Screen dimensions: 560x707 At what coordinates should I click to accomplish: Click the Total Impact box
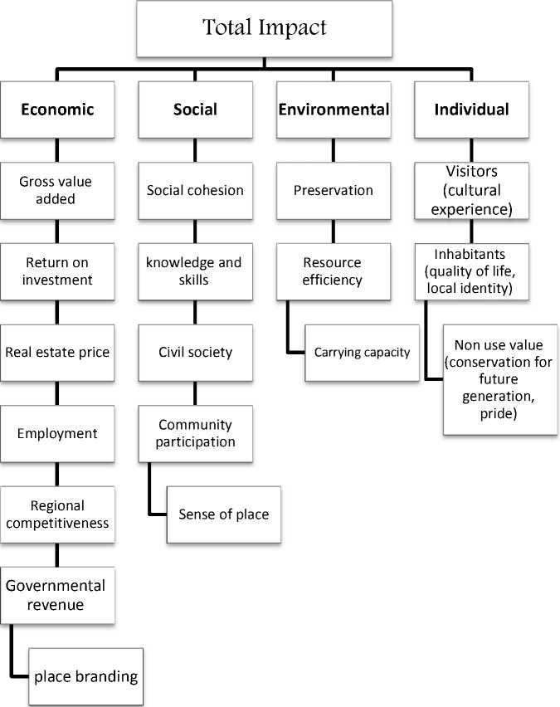tap(265, 28)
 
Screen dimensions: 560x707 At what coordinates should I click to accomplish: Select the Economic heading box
tap(56, 110)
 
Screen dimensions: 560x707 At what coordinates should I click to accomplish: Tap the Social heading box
tap(195, 110)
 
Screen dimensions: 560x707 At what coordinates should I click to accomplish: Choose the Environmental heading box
tap(334, 110)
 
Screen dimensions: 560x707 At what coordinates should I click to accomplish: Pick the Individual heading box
tap(472, 110)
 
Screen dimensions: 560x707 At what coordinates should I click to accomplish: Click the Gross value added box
tap(56, 190)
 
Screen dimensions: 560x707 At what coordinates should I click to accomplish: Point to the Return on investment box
tap(56, 271)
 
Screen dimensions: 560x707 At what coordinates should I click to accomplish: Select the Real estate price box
tap(56, 352)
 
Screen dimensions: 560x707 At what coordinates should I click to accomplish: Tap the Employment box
tap(56, 433)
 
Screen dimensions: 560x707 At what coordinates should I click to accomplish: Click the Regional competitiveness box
tap(56, 514)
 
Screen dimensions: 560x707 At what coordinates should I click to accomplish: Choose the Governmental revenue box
tap(56, 595)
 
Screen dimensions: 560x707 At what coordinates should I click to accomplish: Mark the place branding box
tap(85, 676)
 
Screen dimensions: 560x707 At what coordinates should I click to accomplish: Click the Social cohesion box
tap(195, 190)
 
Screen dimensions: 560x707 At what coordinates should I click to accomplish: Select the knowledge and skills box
tap(195, 271)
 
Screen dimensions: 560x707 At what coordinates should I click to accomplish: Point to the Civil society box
tap(195, 352)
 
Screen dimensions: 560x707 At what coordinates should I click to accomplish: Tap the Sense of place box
tap(223, 514)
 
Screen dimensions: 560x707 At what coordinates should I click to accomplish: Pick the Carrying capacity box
tap(362, 353)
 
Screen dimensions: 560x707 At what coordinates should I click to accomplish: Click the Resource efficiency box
tap(334, 271)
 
